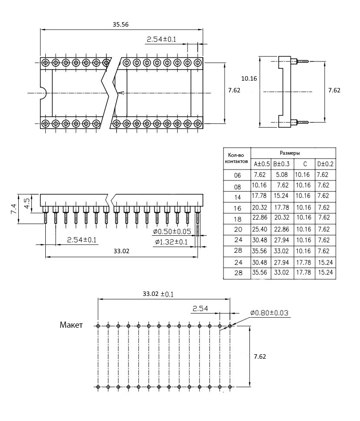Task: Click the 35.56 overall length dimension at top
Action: pyautogui.click(x=121, y=25)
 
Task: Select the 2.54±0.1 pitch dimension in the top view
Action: pyautogui.click(x=161, y=40)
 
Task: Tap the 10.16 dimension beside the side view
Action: pyautogui.click(x=249, y=78)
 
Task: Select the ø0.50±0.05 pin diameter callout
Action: pyautogui.click(x=173, y=231)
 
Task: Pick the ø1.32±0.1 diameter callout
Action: pyautogui.click(x=171, y=242)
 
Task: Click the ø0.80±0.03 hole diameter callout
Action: pyautogui.click(x=269, y=312)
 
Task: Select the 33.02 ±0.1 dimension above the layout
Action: pyautogui.click(x=158, y=294)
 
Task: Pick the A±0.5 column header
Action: pyautogui.click(x=262, y=164)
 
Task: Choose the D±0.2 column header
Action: pyautogui.click(x=325, y=164)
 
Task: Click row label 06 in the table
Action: pyautogui.click(x=237, y=176)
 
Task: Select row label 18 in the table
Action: pyautogui.click(x=237, y=218)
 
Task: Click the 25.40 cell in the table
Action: pyautogui.click(x=262, y=228)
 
